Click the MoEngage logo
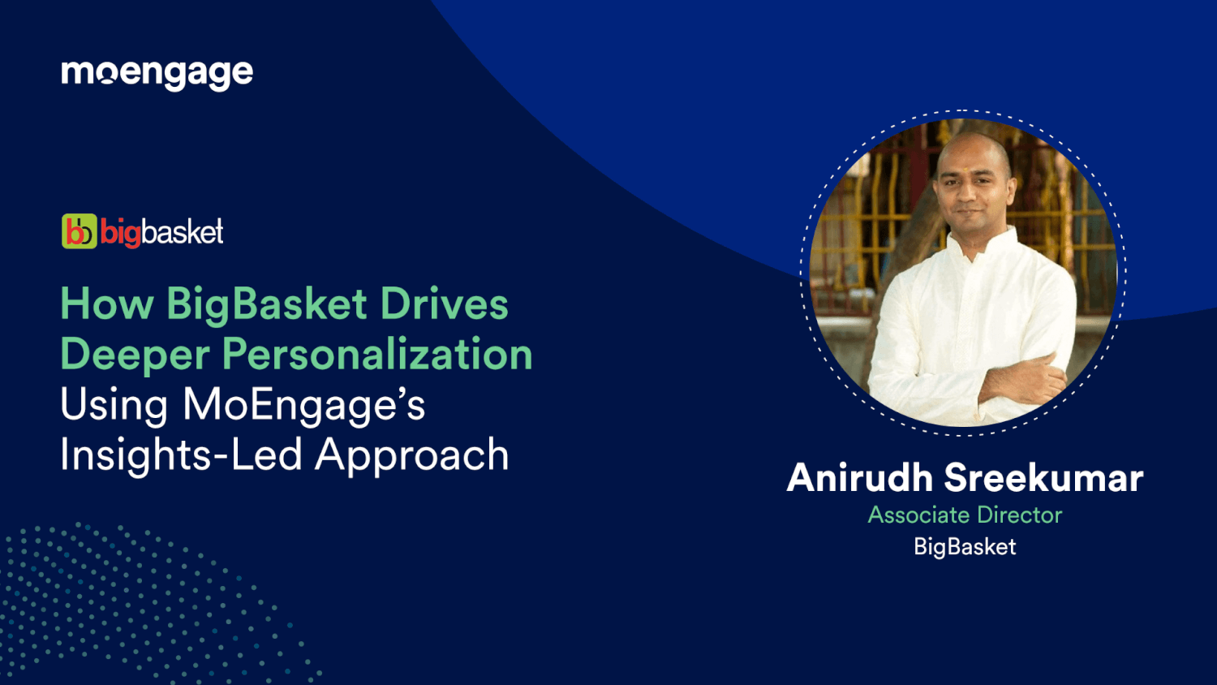[157, 74]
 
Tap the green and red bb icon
[80, 232]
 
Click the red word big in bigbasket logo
[120, 234]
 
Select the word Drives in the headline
[444, 304]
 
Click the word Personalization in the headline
[377, 355]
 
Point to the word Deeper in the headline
[134, 355]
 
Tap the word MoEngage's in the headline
[303, 404]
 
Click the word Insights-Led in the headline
[181, 455]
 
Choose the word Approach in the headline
[412, 456]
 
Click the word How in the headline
[106, 304]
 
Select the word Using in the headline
[114, 405]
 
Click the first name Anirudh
[859, 477]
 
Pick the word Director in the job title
[1019, 515]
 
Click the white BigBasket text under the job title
[965, 547]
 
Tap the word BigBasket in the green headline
[267, 304]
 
